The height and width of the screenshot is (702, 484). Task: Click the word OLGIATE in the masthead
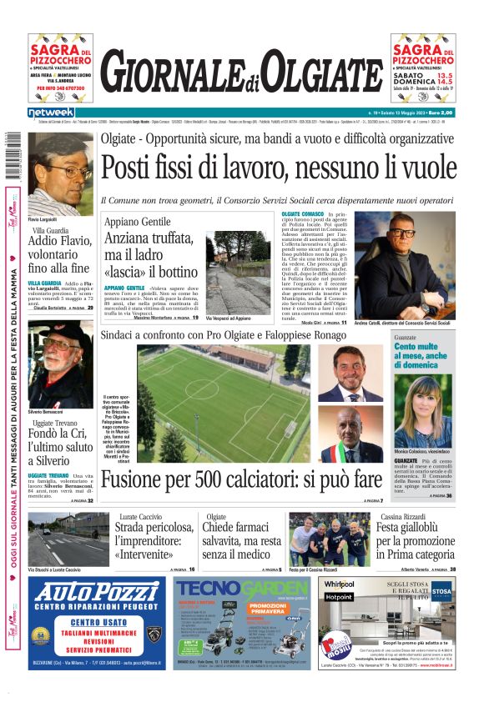320,73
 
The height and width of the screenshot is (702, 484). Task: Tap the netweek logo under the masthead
51,113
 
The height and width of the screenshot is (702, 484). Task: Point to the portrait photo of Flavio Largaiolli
61,173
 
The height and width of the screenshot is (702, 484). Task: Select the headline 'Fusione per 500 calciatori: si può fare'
240,479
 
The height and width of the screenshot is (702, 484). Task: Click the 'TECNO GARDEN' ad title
242,588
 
